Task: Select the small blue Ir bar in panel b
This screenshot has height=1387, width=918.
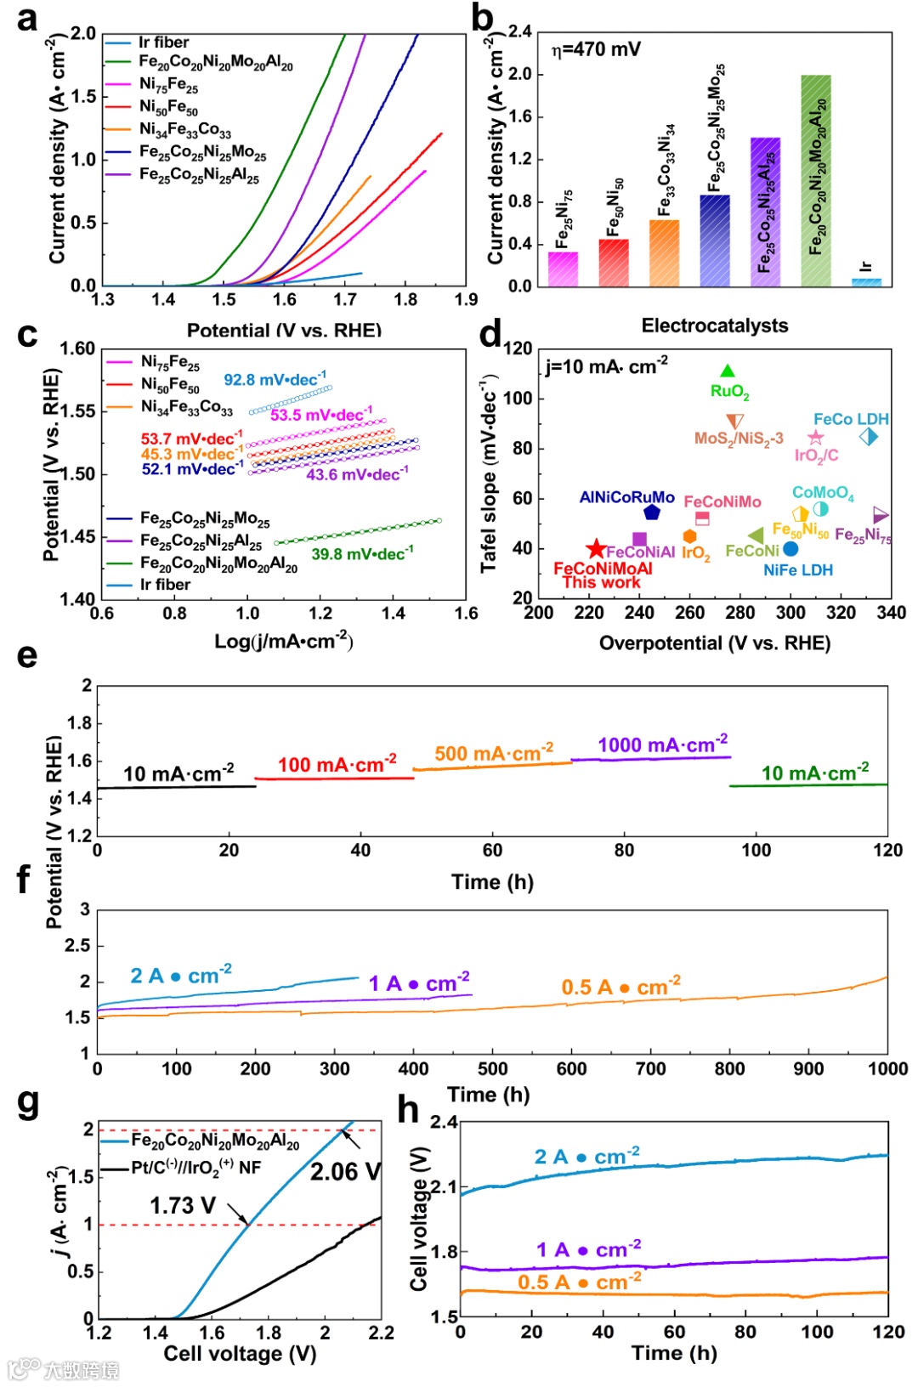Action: pos(866,281)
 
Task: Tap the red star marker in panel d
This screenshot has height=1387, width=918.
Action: pos(596,549)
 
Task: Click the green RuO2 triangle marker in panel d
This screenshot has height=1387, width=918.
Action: pos(728,371)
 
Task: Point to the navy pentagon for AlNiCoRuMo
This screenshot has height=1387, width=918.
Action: pos(652,512)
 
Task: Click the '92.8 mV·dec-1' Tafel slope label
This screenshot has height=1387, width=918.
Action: pos(274,379)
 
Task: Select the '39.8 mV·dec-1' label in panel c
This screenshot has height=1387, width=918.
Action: pos(362,553)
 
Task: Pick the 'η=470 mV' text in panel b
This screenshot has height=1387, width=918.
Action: pos(596,49)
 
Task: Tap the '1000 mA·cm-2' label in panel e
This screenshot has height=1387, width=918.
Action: pos(662,744)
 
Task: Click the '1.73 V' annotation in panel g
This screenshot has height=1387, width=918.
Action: pos(183,1205)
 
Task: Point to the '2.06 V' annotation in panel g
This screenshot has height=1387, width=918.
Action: pos(344,1172)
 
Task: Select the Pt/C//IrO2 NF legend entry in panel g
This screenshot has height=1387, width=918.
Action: pos(195,1167)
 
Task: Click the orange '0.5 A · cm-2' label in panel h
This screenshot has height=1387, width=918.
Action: pos(579,1281)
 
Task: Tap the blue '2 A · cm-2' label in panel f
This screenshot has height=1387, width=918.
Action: pos(180,975)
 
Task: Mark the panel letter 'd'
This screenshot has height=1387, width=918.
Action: pos(490,334)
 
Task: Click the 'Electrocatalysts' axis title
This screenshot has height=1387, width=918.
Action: pos(714,326)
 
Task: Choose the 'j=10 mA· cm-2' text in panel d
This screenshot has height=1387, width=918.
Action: pos(606,366)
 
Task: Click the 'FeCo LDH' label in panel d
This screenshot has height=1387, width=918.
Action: pos(850,419)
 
